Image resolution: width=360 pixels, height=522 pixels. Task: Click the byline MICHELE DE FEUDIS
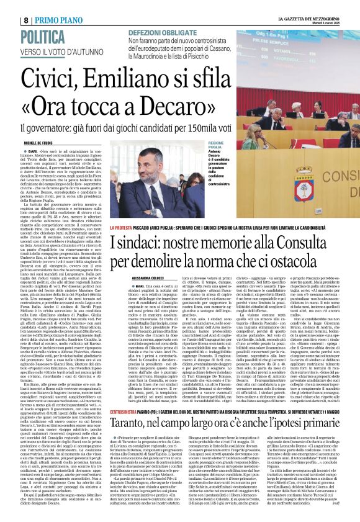[20, 142]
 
